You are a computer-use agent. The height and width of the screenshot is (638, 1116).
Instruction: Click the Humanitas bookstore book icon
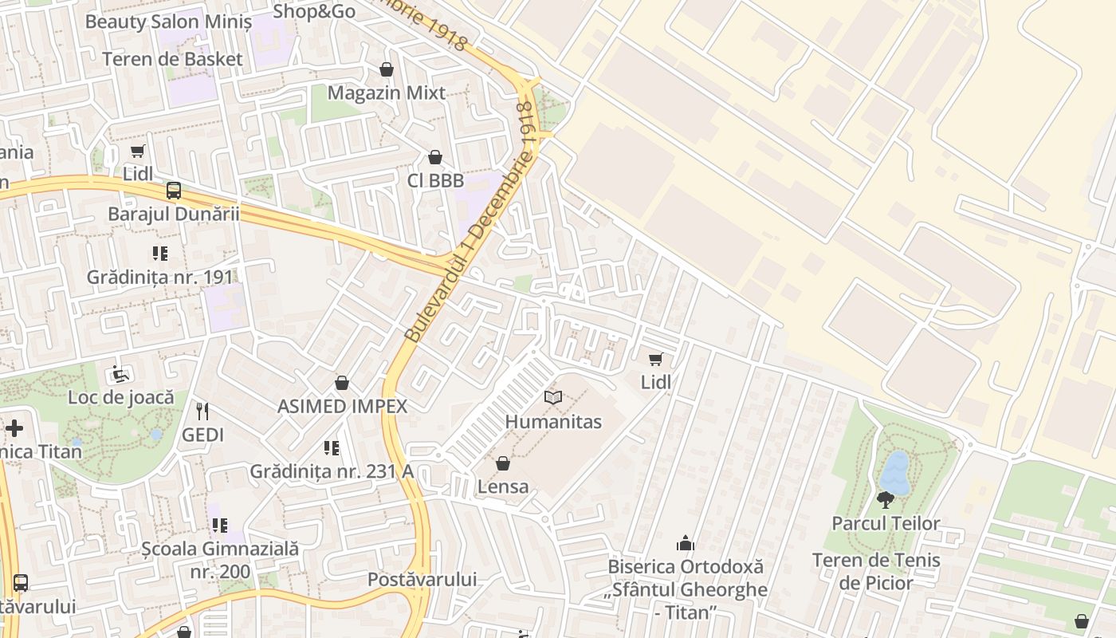point(553,397)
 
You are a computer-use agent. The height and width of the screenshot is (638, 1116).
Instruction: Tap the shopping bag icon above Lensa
point(503,463)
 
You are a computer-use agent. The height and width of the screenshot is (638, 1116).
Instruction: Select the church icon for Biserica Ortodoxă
point(685,544)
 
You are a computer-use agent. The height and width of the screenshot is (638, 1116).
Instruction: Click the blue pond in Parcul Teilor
point(896,473)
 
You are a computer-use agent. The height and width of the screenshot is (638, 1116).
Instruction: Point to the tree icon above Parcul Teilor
point(885,500)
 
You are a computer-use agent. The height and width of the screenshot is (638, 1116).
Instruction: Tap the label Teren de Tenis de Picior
point(876,572)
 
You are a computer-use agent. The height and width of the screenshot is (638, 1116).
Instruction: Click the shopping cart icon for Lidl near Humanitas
point(655,359)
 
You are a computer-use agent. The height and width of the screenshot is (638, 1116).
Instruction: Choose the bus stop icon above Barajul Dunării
point(174,191)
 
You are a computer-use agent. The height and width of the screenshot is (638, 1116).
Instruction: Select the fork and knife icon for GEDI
point(202,412)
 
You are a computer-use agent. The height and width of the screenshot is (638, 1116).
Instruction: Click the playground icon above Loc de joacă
point(120,373)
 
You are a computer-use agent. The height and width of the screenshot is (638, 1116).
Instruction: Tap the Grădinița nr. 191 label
point(160,278)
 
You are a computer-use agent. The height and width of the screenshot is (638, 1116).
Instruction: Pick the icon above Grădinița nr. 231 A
point(332,448)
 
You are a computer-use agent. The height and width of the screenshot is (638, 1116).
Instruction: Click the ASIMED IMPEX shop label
point(342,407)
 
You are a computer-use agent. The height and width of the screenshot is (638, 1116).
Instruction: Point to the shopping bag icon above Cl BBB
point(435,157)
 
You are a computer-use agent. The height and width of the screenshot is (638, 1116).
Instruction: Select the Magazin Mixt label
point(387,93)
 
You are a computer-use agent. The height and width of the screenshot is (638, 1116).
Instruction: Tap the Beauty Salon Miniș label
point(168,22)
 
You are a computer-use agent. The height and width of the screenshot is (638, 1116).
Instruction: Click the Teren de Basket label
point(172,59)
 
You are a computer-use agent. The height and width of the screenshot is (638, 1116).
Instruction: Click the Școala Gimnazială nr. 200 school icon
point(219,526)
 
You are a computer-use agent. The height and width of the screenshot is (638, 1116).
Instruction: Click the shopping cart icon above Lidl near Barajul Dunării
point(138,151)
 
